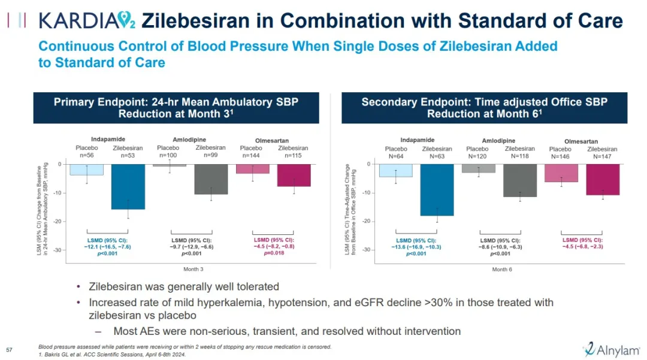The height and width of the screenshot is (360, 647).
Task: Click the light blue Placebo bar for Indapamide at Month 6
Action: [395, 170]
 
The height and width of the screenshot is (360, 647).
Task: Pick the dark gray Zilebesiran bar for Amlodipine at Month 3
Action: [211, 179]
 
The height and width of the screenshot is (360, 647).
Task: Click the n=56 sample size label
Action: [86, 155]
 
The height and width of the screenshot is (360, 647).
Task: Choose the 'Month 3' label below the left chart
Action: [194, 269]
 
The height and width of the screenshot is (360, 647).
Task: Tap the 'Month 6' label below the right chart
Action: [502, 270]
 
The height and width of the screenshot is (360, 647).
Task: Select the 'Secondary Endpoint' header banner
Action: [484, 108]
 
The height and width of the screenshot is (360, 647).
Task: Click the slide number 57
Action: [9, 349]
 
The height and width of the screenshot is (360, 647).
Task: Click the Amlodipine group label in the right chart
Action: [500, 141]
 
